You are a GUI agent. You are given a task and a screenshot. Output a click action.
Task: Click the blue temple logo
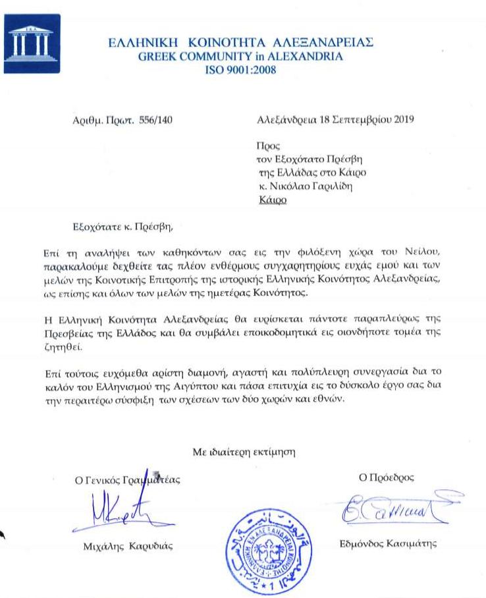click(x=32, y=43)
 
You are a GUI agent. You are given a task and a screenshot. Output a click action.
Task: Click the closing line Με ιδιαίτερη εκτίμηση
click(x=244, y=452)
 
